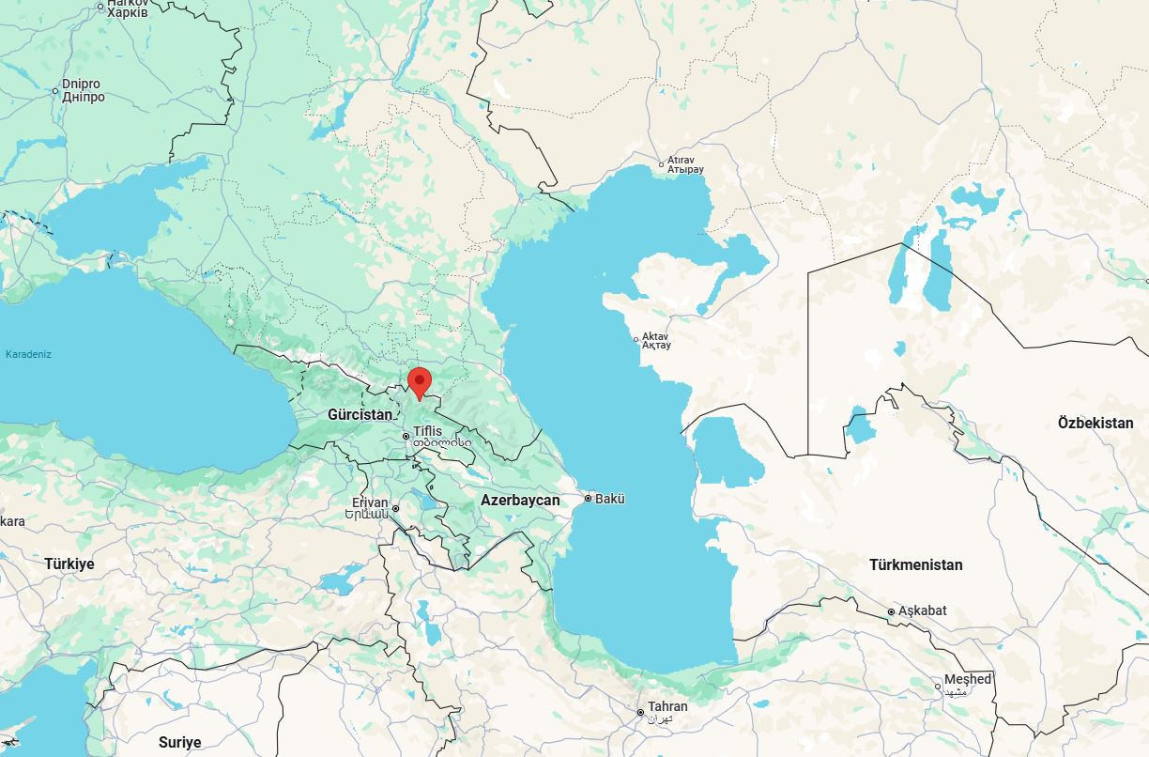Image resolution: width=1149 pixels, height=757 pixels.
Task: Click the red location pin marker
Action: (420, 382)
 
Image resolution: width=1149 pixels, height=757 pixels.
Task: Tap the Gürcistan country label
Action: (360, 414)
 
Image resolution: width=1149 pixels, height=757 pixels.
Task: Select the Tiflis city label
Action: (427, 431)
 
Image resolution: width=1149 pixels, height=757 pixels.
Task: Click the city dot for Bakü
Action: (588, 499)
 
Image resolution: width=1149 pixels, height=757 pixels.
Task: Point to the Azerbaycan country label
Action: (520, 501)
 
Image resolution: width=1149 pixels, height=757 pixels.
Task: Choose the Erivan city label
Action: (370, 503)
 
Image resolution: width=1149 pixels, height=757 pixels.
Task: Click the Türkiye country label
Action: (69, 564)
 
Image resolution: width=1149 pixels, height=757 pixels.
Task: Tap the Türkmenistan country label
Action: (915, 565)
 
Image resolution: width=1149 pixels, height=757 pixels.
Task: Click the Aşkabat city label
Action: (922, 611)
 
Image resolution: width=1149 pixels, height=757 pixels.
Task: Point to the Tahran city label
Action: (667, 706)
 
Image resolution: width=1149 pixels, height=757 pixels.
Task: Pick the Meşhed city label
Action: (967, 679)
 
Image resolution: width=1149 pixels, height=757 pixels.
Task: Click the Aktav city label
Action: (655, 336)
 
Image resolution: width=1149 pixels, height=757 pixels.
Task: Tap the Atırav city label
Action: (680, 161)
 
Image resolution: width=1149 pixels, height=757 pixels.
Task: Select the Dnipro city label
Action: (81, 85)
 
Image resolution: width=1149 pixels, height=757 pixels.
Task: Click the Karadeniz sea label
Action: (28, 355)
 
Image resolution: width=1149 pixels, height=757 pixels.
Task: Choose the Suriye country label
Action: (179, 743)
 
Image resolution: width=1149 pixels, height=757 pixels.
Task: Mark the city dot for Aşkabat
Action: (892, 612)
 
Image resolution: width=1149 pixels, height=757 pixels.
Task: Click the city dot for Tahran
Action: (641, 713)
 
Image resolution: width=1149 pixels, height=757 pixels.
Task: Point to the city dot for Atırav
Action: (661, 165)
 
